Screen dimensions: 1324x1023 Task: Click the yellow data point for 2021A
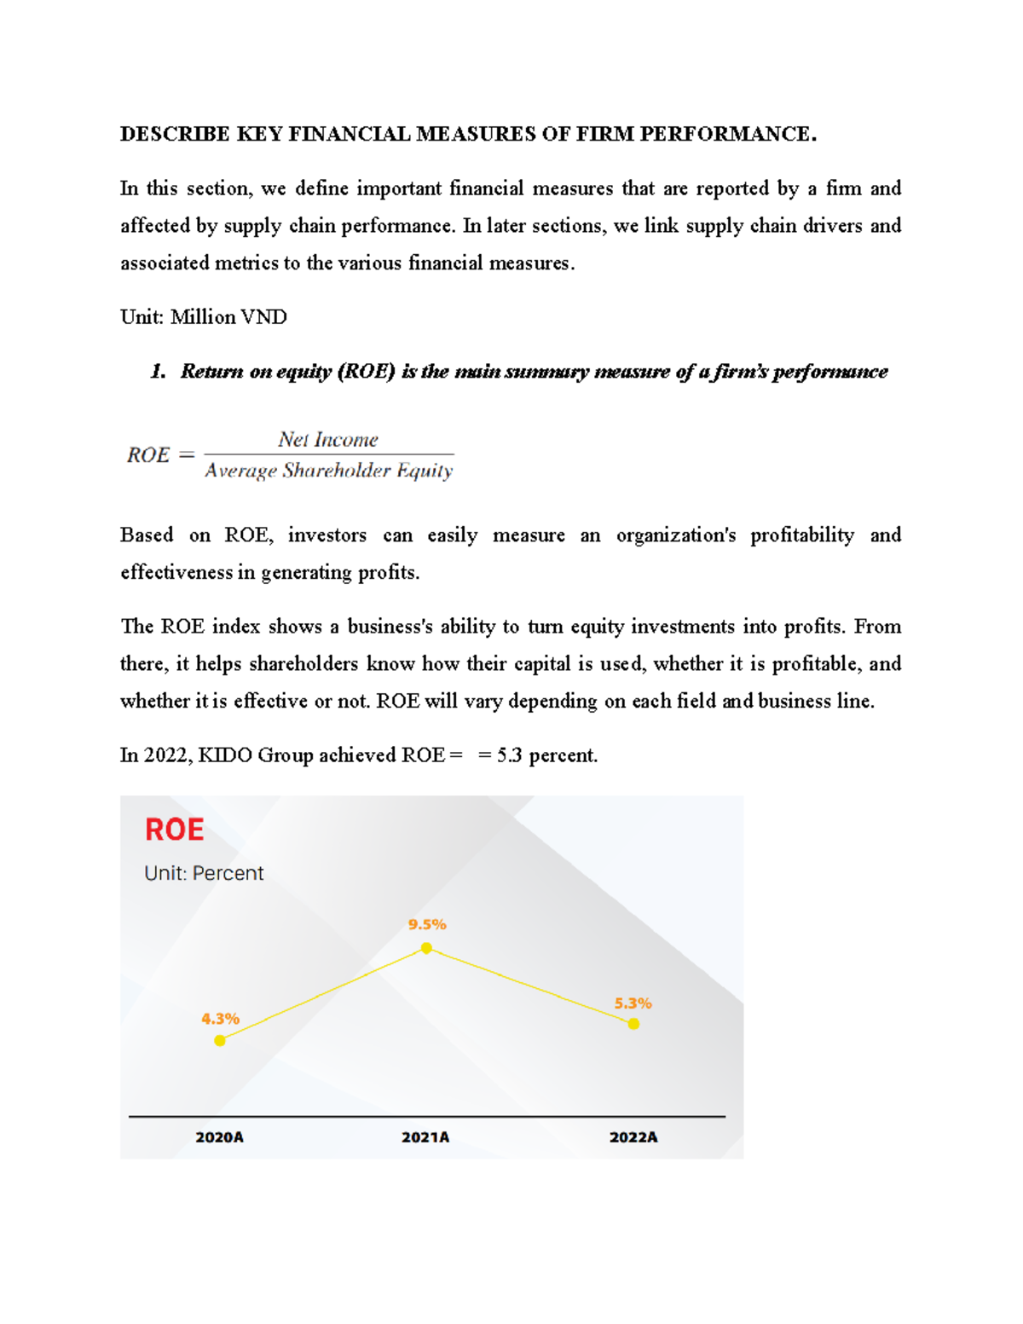(x=426, y=948)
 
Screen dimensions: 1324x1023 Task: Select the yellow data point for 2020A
(x=220, y=1040)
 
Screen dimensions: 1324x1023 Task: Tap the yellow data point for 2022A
(x=633, y=1024)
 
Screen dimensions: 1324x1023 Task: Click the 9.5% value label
(x=427, y=924)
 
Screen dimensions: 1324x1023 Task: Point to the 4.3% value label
(x=220, y=1019)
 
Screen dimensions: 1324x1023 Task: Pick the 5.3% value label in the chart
(x=633, y=1003)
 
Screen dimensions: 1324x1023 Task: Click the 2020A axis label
(x=220, y=1137)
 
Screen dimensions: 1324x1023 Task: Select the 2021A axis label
(x=425, y=1137)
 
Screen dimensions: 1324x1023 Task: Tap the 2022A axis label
(x=633, y=1137)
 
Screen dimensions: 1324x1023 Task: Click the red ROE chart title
(x=175, y=830)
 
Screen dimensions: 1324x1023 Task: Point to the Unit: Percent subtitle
(x=204, y=873)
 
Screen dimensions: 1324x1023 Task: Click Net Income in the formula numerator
(x=328, y=440)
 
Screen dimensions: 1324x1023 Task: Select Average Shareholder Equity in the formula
(x=329, y=471)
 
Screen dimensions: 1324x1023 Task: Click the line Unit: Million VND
(x=204, y=317)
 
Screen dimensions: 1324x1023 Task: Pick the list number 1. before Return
(x=158, y=372)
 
